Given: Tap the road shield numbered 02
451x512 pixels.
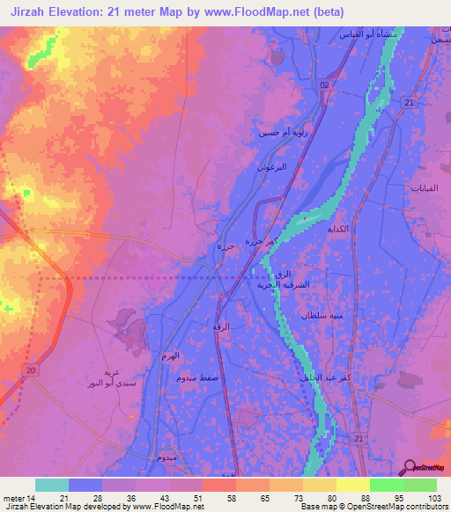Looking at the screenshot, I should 324,84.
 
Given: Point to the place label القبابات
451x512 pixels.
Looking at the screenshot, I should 425,188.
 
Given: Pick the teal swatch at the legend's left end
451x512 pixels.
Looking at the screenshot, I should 51,485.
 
